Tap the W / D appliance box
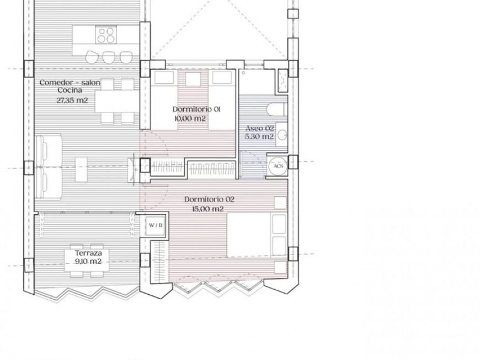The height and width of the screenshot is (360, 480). [156, 225]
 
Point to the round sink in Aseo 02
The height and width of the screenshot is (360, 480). [282, 134]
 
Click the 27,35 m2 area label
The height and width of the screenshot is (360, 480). [72, 100]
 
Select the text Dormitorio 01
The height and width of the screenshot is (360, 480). [196, 109]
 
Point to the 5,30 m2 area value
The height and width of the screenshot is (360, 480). [259, 136]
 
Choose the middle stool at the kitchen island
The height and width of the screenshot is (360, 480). [109, 56]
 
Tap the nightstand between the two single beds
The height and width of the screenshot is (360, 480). [193, 79]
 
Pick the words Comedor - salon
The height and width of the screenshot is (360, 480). [70, 82]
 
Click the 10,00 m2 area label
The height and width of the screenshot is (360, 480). [189, 118]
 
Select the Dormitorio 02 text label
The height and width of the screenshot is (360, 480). [209, 199]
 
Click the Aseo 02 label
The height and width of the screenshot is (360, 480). [259, 128]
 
